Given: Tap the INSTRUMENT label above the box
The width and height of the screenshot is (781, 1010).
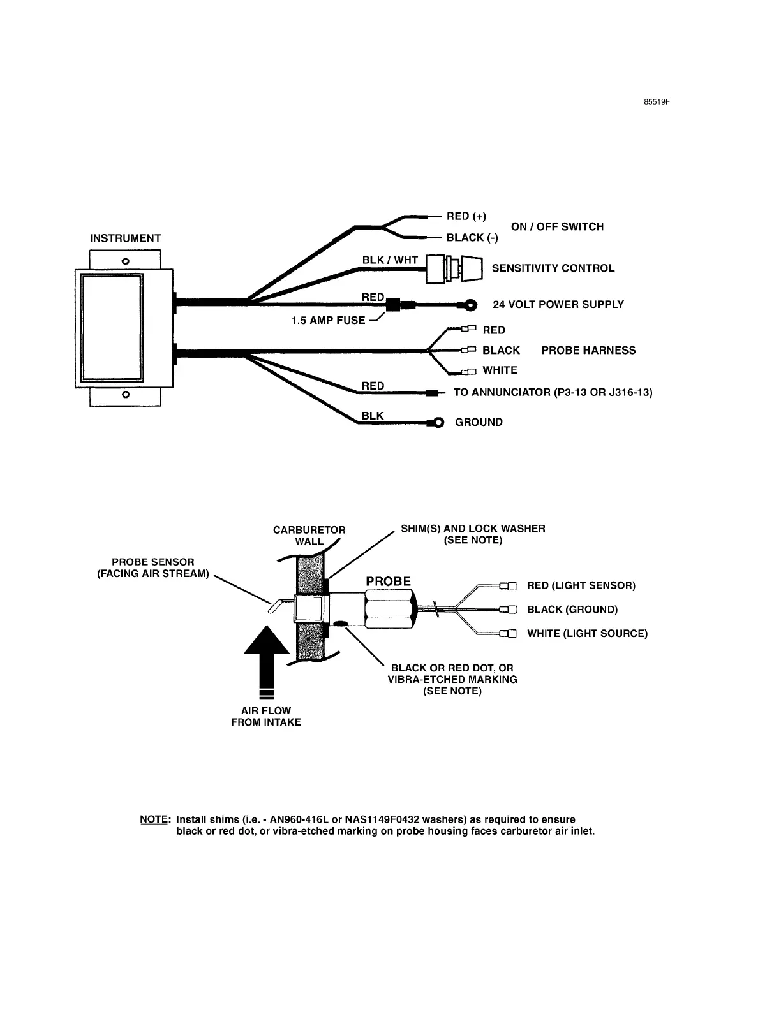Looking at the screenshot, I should (125, 238).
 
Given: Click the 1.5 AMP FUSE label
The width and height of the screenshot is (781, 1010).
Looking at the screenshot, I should (329, 320).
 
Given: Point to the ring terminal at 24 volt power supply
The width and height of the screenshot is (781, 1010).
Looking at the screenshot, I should (472, 305).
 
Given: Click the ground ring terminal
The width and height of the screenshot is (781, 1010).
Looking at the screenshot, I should (437, 422).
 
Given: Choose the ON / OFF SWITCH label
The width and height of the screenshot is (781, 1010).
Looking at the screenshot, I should (557, 226).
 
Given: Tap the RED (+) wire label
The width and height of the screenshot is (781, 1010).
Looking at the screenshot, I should (466, 216).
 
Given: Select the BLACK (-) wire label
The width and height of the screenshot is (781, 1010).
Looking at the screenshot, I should (472, 238).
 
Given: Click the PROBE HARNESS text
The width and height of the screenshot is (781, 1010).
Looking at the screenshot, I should (588, 350).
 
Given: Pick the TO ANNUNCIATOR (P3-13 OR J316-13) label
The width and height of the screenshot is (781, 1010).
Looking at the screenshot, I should (553, 392).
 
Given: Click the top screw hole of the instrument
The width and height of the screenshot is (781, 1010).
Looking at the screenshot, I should (126, 261).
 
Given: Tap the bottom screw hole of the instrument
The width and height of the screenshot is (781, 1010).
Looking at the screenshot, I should (126, 395).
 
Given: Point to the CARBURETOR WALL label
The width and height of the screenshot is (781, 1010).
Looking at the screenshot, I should (309, 535).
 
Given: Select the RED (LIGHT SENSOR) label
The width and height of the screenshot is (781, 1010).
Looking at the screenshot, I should (581, 585).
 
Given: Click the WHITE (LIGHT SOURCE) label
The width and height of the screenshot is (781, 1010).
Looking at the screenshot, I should (587, 633).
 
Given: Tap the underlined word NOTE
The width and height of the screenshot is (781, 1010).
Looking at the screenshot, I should (154, 819).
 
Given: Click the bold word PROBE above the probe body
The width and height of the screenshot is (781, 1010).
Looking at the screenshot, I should (388, 581).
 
